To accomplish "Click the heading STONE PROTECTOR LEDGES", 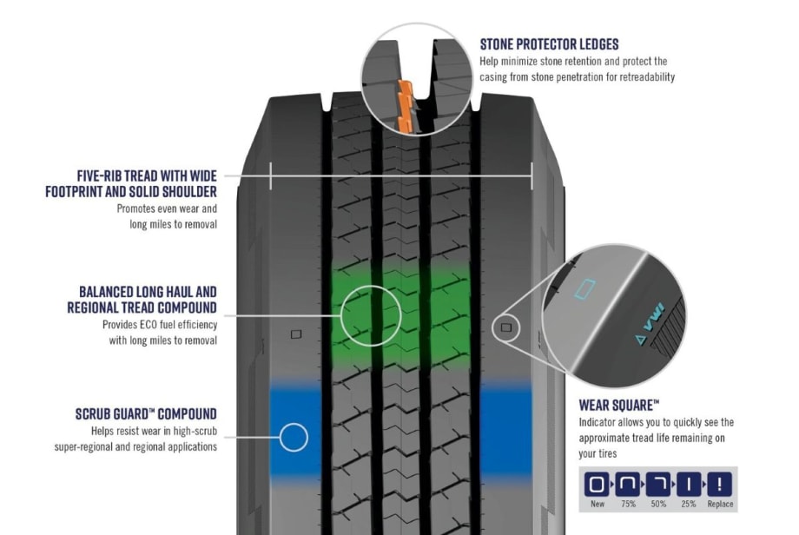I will click(549, 44).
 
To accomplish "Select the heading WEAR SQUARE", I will click(618, 405).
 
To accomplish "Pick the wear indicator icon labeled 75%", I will click(626, 485).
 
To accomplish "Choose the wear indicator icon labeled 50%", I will click(657, 485).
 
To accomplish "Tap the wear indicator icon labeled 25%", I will click(689, 485).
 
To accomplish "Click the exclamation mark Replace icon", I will click(720, 485).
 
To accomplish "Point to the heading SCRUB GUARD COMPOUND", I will click(146, 414).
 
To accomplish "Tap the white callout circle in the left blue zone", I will click(294, 437).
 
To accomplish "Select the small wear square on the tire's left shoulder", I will click(296, 334).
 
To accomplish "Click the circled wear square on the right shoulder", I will click(505, 329).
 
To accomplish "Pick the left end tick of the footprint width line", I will click(271, 175).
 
